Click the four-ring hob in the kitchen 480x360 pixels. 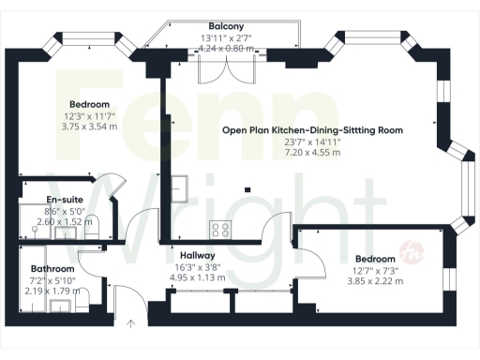click(x=220, y=228)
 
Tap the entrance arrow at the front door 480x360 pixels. click(x=131, y=322)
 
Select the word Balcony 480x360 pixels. click(x=228, y=26)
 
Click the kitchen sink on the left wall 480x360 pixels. click(x=178, y=187)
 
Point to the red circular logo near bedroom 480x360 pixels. click(x=410, y=250)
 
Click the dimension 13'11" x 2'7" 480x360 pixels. click(x=228, y=37)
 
